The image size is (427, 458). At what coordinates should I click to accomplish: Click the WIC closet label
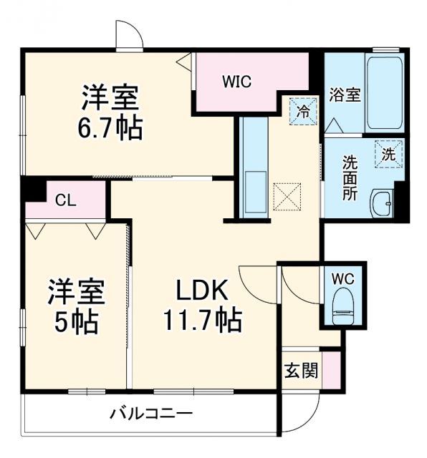(x=236, y=82)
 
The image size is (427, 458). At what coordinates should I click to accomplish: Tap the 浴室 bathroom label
(x=344, y=95)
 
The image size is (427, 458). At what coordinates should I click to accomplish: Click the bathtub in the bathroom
(x=385, y=90)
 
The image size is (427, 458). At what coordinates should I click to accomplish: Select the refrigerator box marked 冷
(x=303, y=112)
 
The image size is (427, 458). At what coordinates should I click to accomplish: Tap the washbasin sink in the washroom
(x=381, y=203)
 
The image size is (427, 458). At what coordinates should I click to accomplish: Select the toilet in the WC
(x=343, y=304)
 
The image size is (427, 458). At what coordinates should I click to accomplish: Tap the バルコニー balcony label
(x=150, y=413)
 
